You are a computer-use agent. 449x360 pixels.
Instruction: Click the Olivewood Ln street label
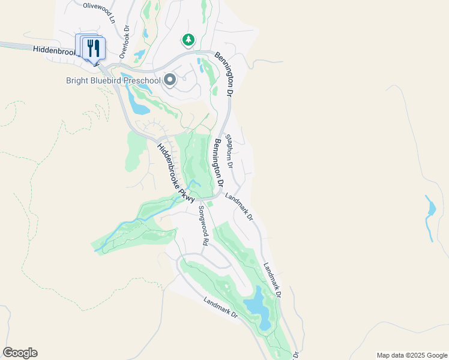[x=98, y=5]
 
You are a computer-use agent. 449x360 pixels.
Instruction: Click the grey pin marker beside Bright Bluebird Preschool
[x=170, y=79]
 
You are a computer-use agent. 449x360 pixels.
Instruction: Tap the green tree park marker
[x=189, y=40]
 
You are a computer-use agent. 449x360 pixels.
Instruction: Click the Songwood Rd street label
[x=203, y=226]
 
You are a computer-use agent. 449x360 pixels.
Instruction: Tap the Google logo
[x=20, y=353]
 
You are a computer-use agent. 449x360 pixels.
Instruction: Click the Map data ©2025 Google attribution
[x=412, y=355]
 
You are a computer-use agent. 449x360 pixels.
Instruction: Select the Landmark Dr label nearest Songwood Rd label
[x=239, y=205]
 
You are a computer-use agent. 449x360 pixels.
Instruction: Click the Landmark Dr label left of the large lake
[x=220, y=308]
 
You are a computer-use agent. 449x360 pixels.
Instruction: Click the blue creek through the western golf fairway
[x=138, y=223]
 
